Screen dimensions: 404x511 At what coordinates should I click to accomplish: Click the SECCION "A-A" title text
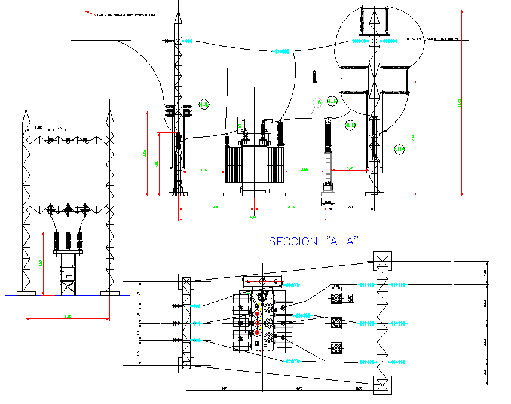coord(313,241)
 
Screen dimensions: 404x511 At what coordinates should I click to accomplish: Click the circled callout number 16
coord(317,103)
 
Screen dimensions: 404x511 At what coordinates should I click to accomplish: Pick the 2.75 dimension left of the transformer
coord(203,170)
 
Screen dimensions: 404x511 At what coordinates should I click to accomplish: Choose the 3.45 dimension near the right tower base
coord(351,169)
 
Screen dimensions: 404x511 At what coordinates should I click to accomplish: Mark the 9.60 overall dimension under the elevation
coord(253,217)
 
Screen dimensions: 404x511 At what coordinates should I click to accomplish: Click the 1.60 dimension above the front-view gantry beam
coord(38,128)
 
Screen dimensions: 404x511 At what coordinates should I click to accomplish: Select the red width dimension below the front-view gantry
coord(68,318)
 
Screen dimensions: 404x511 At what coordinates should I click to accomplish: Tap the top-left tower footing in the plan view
coord(186,283)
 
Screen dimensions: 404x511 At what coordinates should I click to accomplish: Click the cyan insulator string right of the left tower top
coord(189,41)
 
